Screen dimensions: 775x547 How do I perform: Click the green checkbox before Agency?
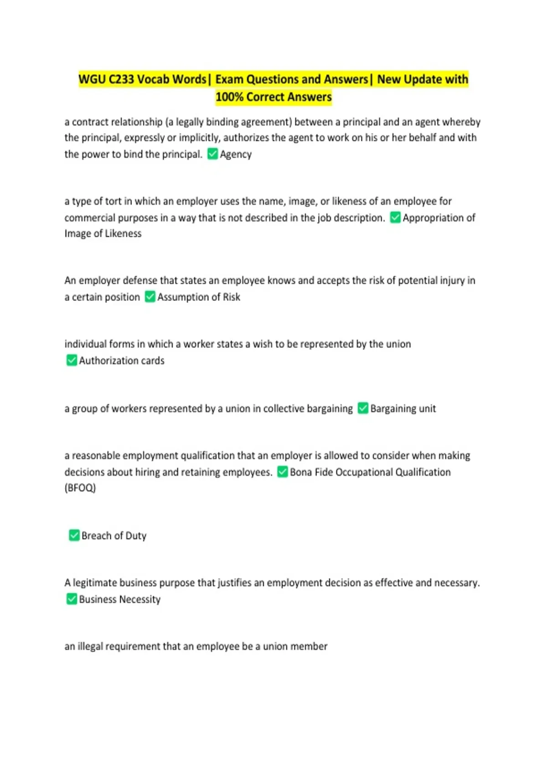[212, 154]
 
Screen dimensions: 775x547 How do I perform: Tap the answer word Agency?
[236, 155]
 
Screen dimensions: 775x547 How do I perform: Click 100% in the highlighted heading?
[229, 97]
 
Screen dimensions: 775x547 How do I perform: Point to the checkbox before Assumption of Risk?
[150, 297]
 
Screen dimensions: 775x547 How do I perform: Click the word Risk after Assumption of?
[232, 297]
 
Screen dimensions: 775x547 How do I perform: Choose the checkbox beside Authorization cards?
[72, 361]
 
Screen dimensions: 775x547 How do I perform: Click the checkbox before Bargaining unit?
[363, 408]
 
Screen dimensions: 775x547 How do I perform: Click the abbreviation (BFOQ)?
[80, 488]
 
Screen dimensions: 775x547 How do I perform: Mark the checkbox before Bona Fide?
[283, 472]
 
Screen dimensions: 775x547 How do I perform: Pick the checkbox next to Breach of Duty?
[74, 535]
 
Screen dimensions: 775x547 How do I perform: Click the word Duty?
[136, 536]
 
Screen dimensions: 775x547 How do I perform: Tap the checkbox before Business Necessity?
[72, 599]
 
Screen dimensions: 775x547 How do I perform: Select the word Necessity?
[140, 599]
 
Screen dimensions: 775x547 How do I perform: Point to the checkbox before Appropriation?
[395, 218]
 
